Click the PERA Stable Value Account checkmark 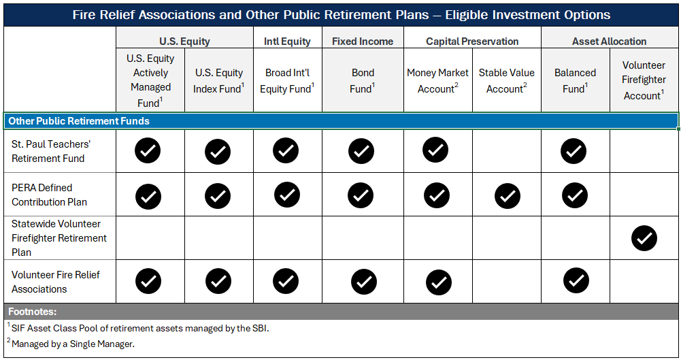(x=507, y=196)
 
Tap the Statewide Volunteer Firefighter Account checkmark (x=644, y=238)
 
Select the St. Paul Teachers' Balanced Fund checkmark (x=574, y=151)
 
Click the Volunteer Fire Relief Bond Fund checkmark (x=364, y=281)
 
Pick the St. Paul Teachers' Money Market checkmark (x=435, y=150)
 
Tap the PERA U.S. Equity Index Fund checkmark (x=217, y=196)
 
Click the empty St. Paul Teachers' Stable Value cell (x=507, y=151)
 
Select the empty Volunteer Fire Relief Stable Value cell (x=507, y=281)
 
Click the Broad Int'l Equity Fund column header (x=287, y=80)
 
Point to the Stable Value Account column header (x=506, y=80)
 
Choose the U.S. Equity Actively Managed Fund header (x=150, y=80)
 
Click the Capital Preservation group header (x=472, y=41)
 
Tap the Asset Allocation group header (x=609, y=41)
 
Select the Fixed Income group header (x=362, y=41)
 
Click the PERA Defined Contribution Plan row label (x=50, y=195)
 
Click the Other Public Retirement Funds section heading (x=79, y=121)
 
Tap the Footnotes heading (x=31, y=312)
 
